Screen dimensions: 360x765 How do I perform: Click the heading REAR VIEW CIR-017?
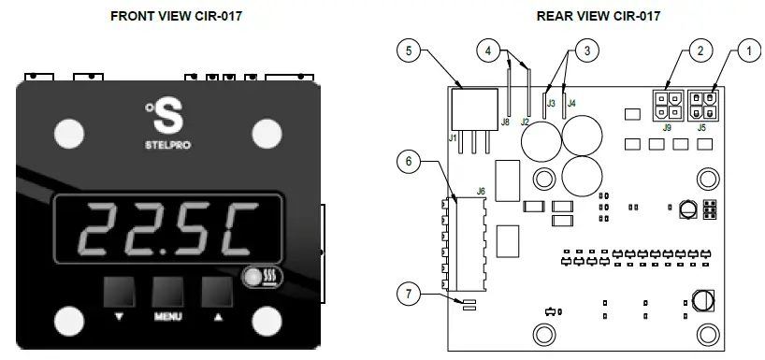(x=599, y=16)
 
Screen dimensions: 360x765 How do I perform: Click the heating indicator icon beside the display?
(x=254, y=278)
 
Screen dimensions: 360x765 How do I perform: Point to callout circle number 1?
(x=746, y=50)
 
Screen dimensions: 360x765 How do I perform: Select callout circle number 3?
(x=585, y=50)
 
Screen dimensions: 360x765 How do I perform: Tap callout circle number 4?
(x=489, y=50)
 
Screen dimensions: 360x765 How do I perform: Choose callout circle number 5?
(x=405, y=50)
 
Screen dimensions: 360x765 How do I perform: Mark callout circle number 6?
(x=405, y=161)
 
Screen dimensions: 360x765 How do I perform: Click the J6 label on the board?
(x=481, y=191)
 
